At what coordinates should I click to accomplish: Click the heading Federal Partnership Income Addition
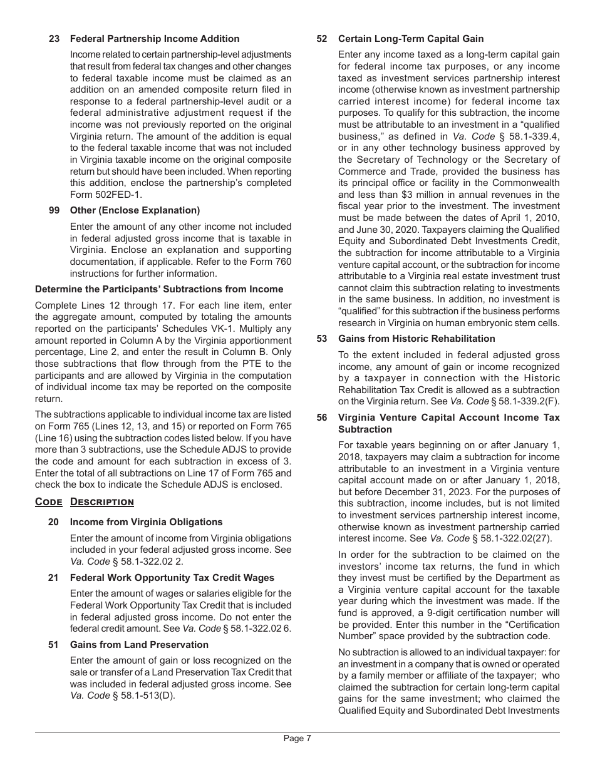click(x=155, y=39)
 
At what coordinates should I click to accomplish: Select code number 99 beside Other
click(x=54, y=210)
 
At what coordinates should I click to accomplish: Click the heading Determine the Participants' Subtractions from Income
click(x=159, y=289)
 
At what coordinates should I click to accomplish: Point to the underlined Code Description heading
click(x=85, y=502)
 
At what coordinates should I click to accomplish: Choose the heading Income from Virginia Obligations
click(x=146, y=522)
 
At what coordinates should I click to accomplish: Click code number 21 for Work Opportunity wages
click(x=54, y=578)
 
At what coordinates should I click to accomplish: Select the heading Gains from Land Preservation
click(x=139, y=645)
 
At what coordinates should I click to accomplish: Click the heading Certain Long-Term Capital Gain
click(x=411, y=39)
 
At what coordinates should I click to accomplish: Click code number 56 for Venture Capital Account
click(x=322, y=418)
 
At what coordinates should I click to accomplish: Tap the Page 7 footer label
click(x=297, y=738)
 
